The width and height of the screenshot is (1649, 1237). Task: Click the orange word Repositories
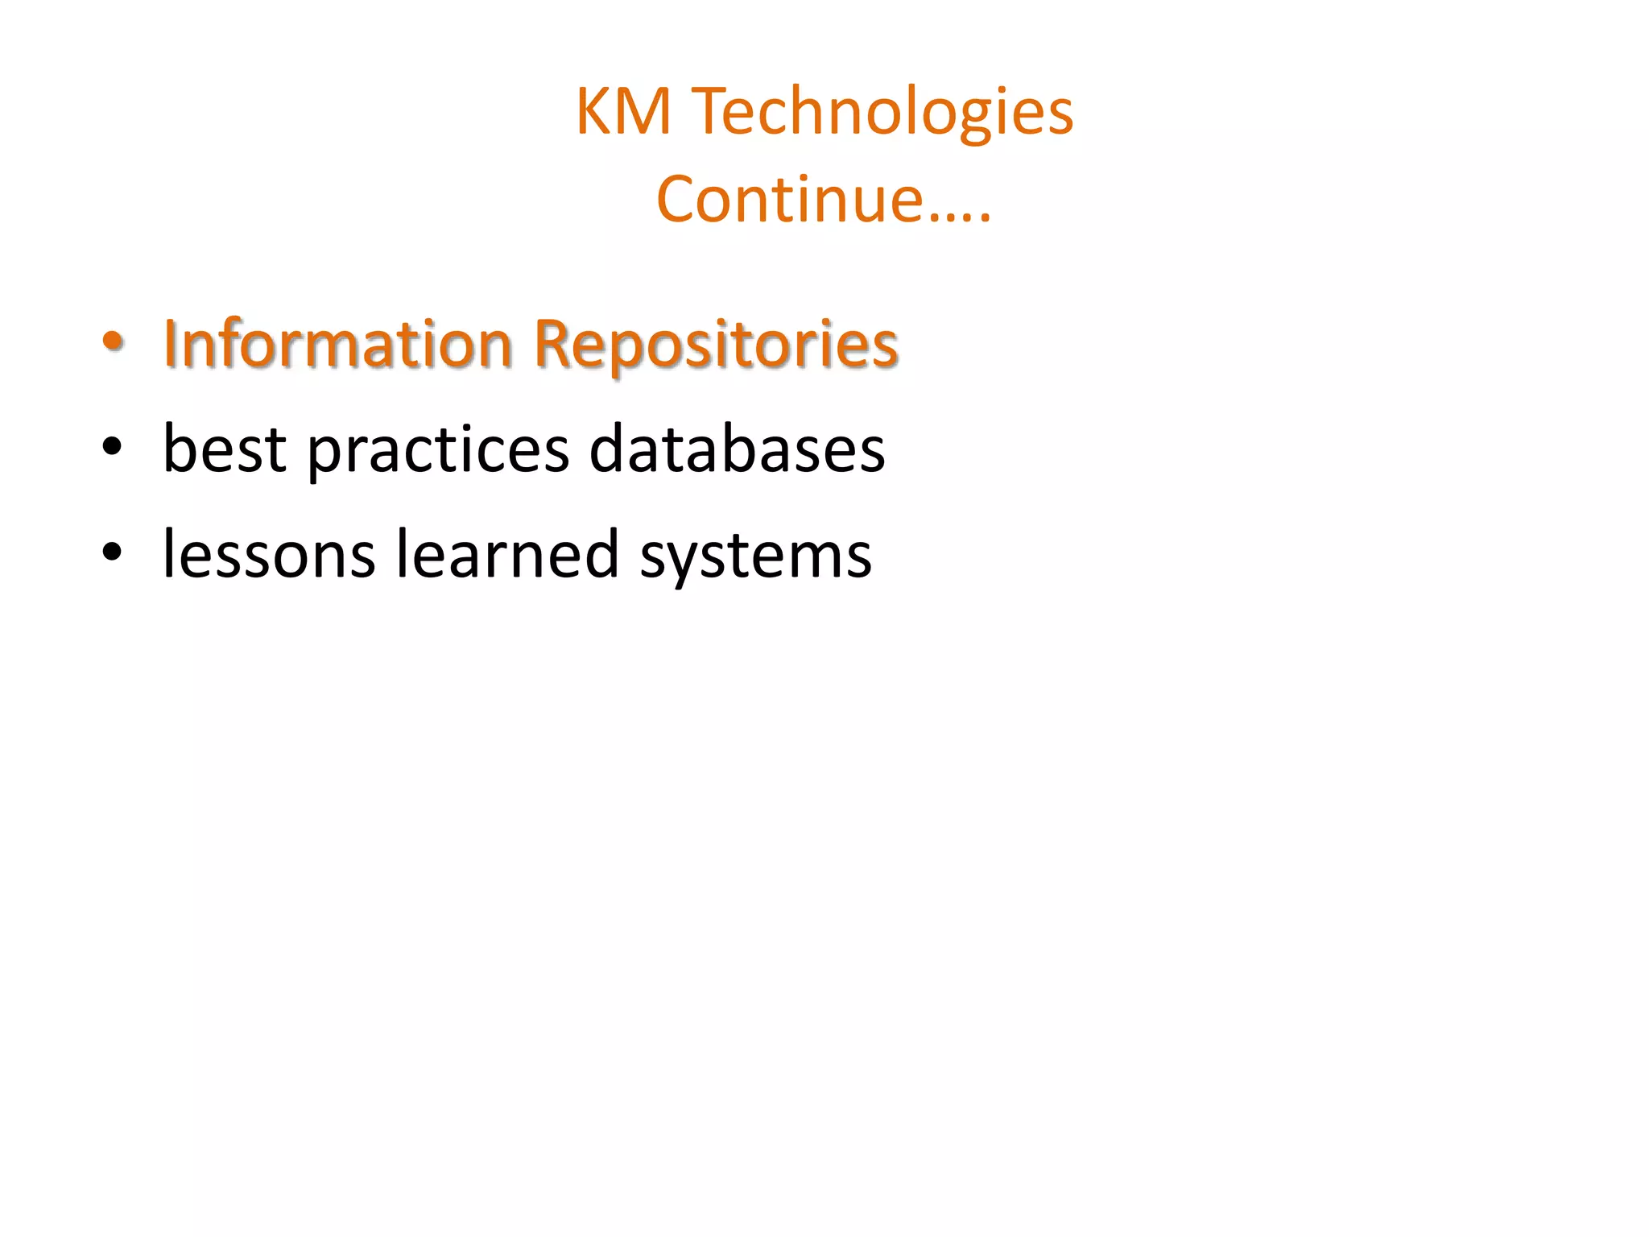[716, 344]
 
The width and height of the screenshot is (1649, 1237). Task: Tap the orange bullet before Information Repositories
[113, 341]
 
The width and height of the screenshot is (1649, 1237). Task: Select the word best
[225, 449]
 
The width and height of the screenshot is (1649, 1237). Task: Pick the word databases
[737, 449]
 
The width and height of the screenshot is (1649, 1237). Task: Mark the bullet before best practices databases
[113, 446]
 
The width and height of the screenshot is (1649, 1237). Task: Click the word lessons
[269, 554]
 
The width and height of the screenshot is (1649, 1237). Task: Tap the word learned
[507, 554]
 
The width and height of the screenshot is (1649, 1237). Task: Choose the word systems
[755, 556]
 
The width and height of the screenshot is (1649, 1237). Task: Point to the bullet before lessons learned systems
[113, 552]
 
